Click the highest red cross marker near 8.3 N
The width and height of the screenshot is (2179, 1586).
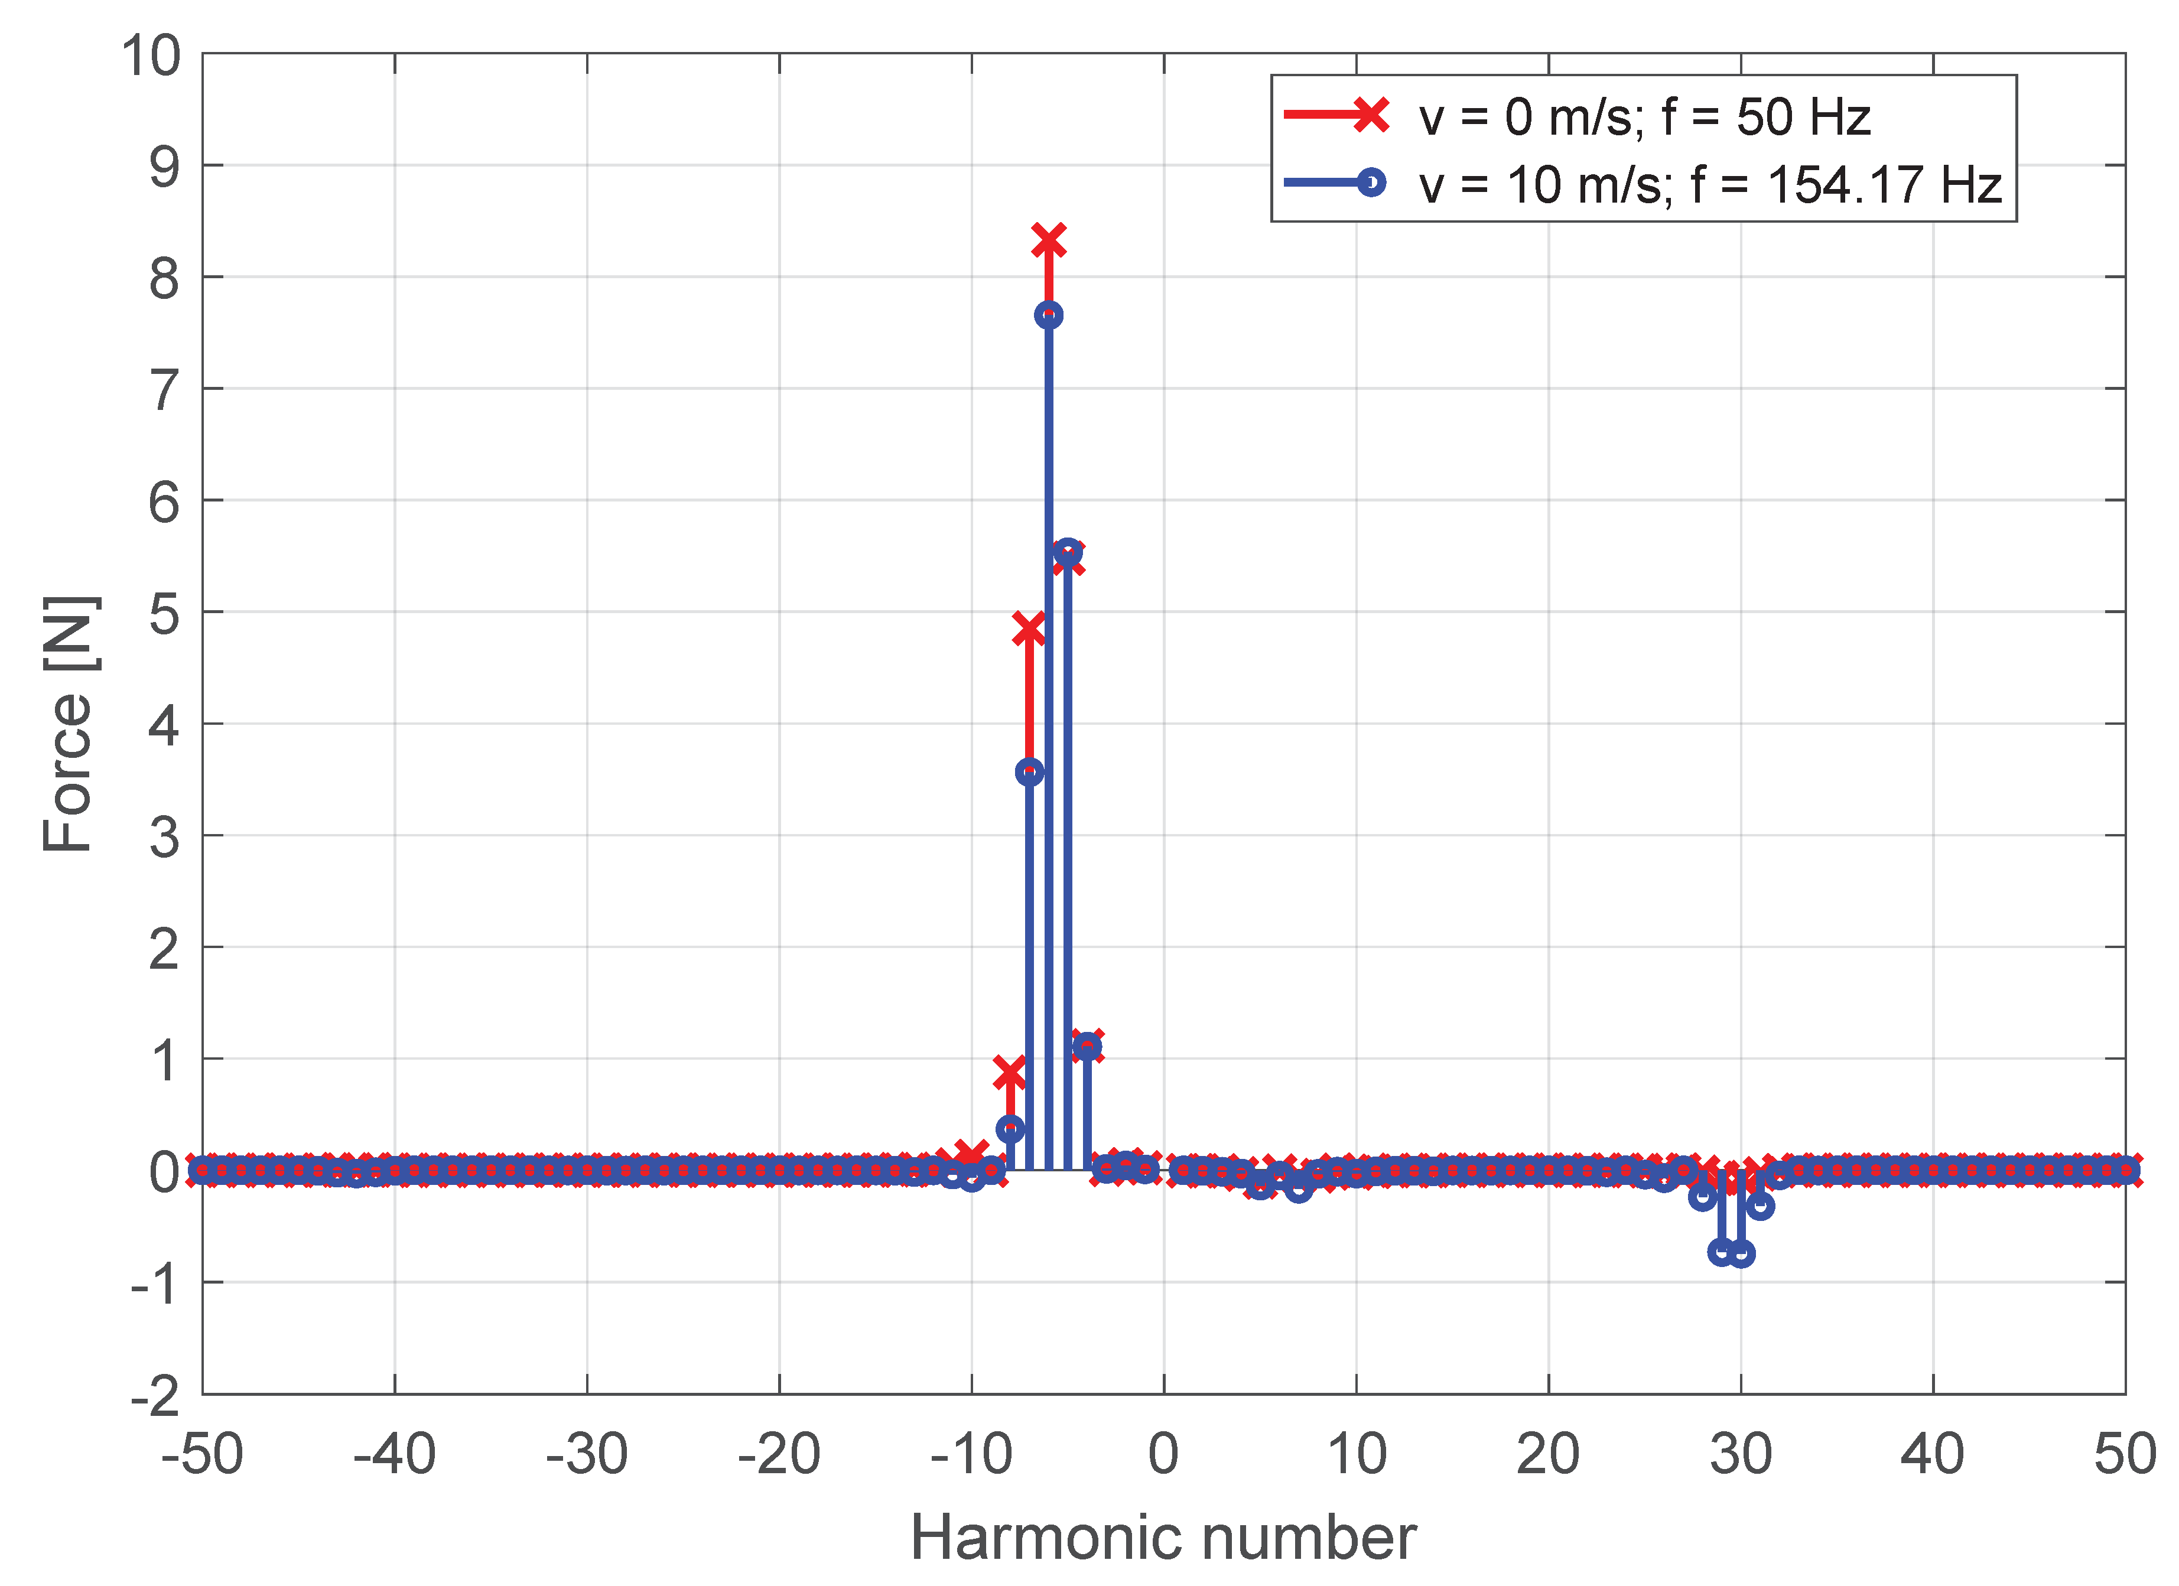pyautogui.click(x=1048, y=240)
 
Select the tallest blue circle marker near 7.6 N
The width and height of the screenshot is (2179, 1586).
pyautogui.click(x=1048, y=315)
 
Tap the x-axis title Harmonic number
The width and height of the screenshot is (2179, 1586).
pyautogui.click(x=1163, y=1537)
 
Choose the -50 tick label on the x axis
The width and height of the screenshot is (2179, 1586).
pyautogui.click(x=201, y=1454)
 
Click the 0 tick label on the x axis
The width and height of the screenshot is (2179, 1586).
pyautogui.click(x=1163, y=1454)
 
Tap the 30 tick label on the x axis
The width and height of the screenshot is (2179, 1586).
pyautogui.click(x=1740, y=1454)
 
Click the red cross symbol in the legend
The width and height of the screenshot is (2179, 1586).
pyautogui.click(x=1371, y=115)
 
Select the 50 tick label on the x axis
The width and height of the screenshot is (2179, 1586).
pyautogui.click(x=2124, y=1454)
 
